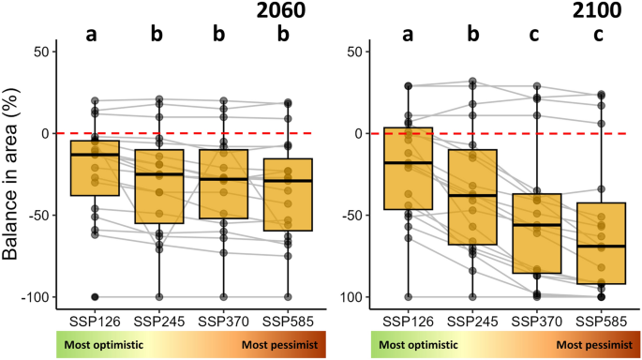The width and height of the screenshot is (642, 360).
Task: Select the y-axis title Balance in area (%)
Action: [13, 174]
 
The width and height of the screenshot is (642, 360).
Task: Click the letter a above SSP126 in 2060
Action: [94, 36]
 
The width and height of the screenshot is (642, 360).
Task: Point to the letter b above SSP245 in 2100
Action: [473, 36]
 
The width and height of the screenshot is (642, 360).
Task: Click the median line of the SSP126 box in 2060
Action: [94, 155]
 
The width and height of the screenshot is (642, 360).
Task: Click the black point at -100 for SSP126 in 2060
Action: [94, 297]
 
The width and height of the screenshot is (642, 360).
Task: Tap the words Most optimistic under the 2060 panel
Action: [105, 345]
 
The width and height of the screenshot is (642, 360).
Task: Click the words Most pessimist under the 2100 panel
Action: [588, 345]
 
